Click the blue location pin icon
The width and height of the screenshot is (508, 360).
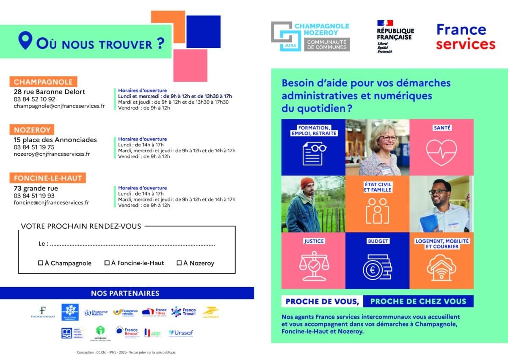point(25,42)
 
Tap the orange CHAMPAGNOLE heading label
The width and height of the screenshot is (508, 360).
point(43,82)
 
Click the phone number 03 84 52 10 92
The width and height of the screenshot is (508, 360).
point(34,99)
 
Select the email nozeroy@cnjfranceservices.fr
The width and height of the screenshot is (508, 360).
point(52,154)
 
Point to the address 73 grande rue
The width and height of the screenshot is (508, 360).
point(36,188)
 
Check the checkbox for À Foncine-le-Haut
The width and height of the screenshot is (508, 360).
point(107,263)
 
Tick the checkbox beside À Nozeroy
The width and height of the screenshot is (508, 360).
point(179,263)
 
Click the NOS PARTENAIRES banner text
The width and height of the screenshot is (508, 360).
point(125,293)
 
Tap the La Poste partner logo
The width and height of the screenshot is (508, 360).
point(210,313)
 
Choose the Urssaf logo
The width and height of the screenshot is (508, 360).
point(181,333)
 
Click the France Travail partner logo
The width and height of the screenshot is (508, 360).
point(184,312)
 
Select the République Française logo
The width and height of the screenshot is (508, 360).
point(395,36)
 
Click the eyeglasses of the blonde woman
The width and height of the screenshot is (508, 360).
point(387,138)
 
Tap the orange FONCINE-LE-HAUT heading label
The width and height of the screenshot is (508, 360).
point(48,178)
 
